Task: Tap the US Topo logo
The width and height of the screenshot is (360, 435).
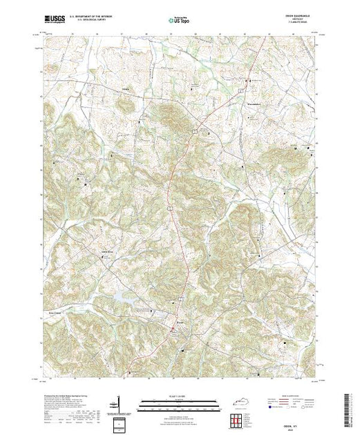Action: [180, 20]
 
